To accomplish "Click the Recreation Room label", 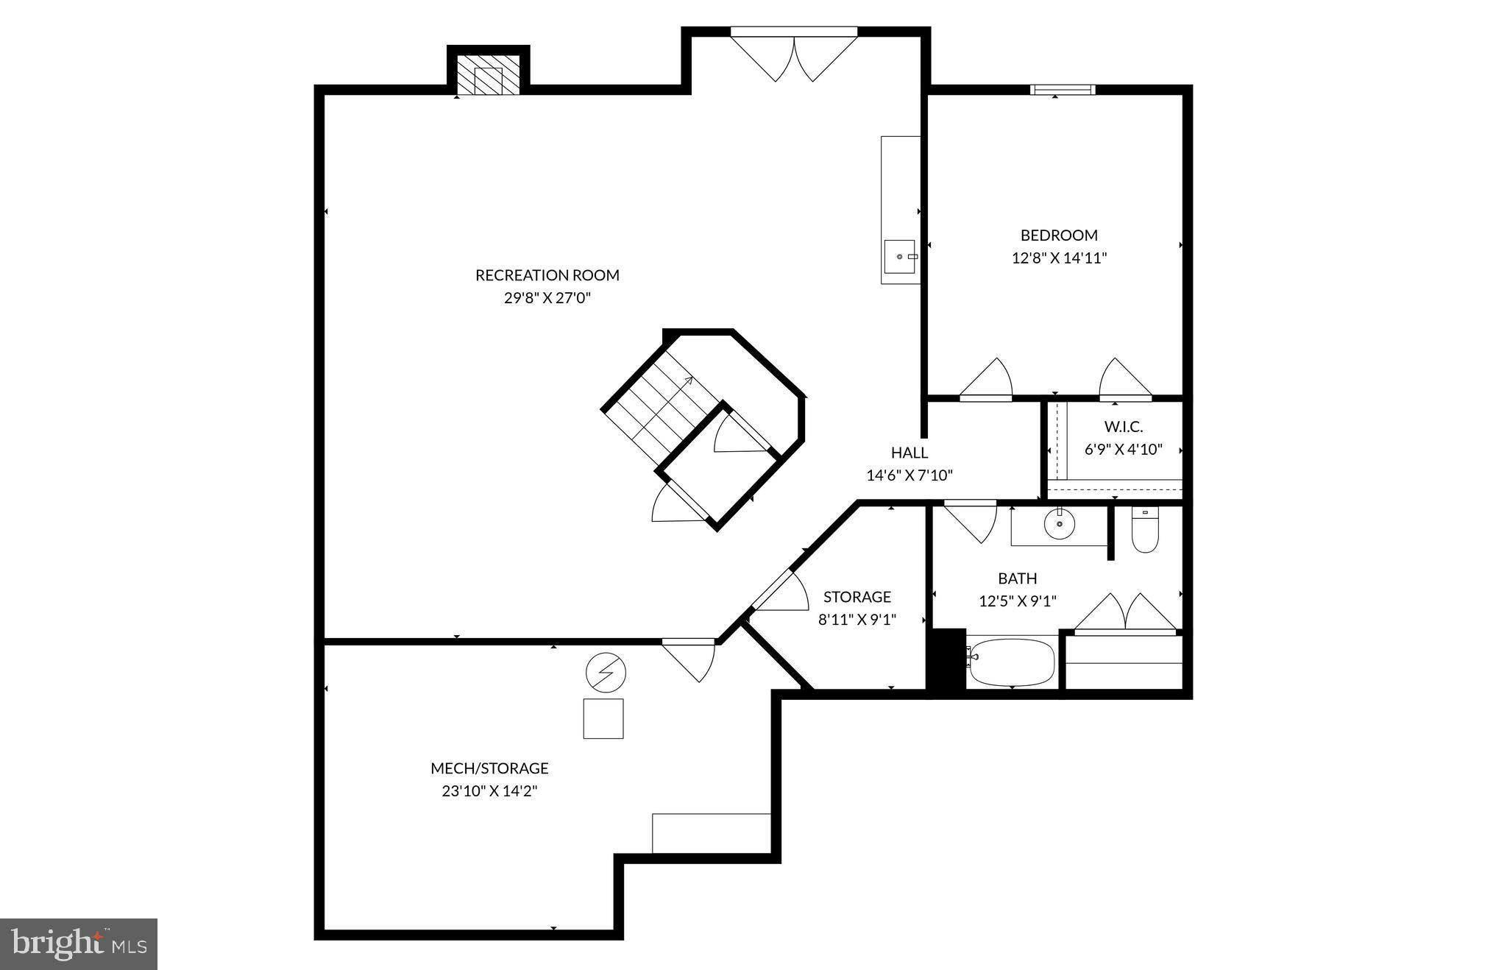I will pos(547,275).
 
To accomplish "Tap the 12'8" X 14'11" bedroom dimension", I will pos(1059,258).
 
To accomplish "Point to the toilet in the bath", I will pos(1144,531).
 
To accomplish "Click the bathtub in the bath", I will pos(1012,662).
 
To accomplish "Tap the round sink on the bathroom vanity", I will pos(1059,524).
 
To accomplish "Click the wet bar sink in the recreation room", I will pos(900,256).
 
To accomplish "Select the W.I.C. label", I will pos(1123,427).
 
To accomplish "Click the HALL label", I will pos(909,453).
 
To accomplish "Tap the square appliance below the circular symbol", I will pos(603,718).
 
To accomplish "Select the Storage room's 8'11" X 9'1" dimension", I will pos(857,620).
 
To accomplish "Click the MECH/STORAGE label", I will pos(489,768).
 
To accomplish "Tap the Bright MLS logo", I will pos(79,944).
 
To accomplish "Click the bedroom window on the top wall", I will pos(1062,90).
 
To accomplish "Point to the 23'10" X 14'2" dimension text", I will pos(489,791).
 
